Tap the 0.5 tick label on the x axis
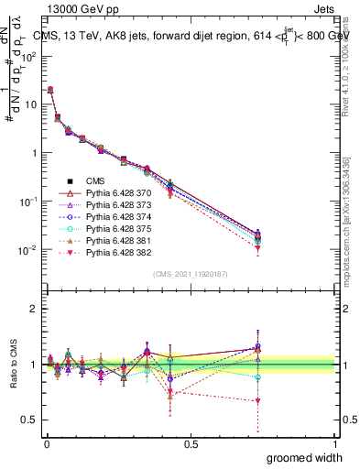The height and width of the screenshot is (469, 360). (x=191, y=444)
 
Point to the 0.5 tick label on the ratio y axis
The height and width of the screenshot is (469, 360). (x=29, y=420)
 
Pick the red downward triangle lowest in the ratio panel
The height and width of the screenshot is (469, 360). (x=258, y=401)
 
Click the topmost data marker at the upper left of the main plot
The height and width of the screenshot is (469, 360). (x=49, y=90)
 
